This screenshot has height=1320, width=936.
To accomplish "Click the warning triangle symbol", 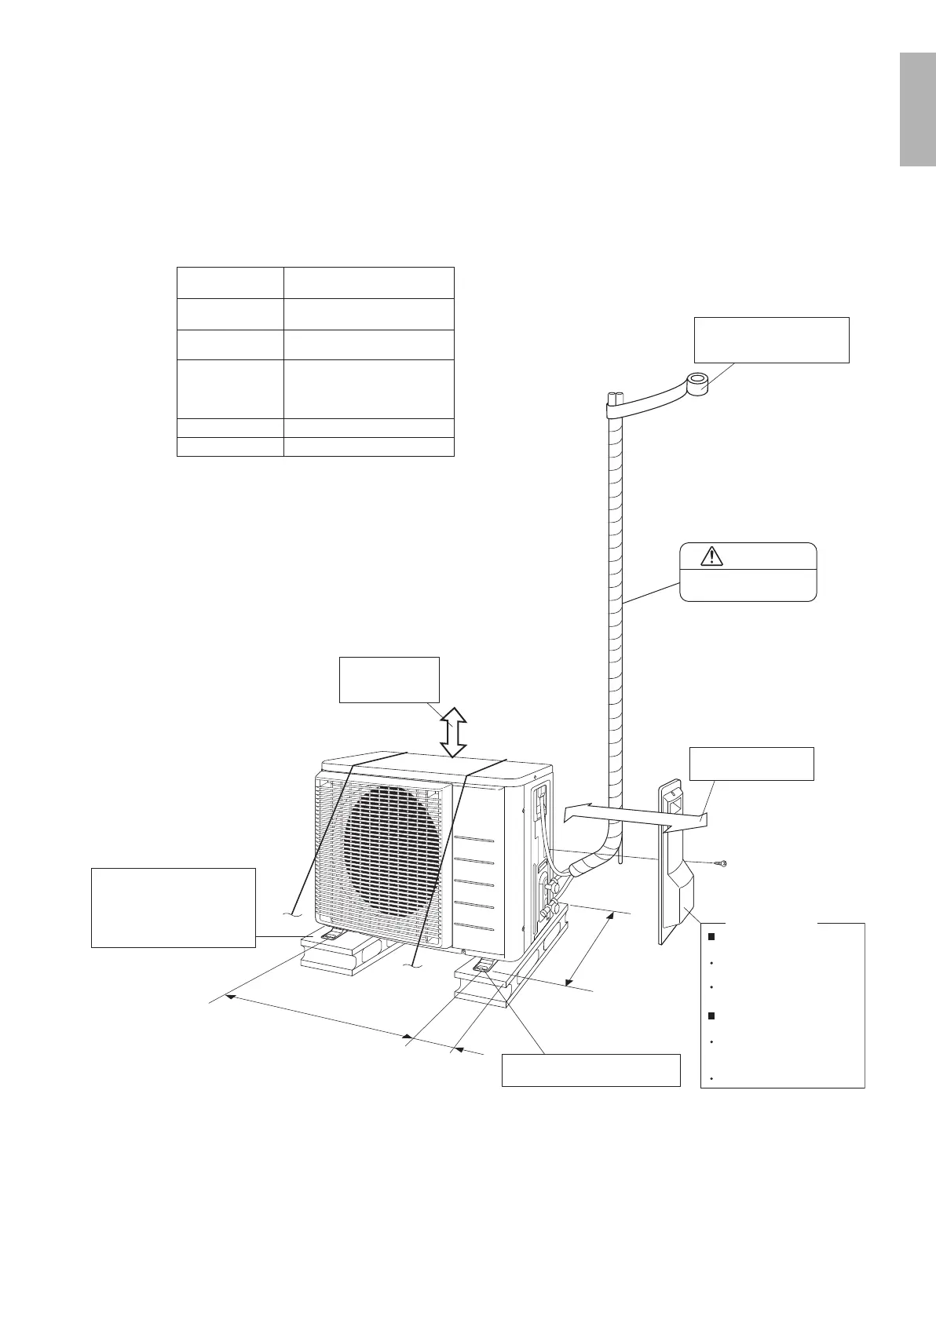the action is [711, 556].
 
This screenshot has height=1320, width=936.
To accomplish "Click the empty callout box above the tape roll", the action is [771, 340].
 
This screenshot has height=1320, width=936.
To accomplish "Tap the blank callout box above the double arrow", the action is [388, 679].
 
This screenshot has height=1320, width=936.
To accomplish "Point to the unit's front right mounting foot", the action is [484, 964].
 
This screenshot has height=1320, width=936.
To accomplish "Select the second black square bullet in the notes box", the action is [711, 1016].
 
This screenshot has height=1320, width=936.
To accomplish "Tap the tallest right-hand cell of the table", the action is [368, 388].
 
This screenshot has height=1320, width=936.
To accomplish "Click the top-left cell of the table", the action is [230, 283].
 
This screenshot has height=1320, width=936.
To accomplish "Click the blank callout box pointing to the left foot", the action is [174, 907].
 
